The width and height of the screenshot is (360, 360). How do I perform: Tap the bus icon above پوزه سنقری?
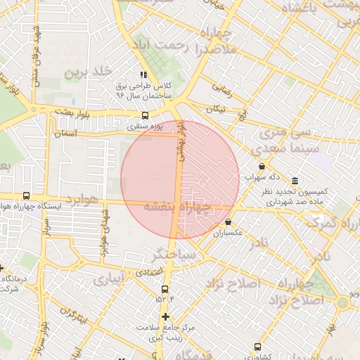click(146, 116)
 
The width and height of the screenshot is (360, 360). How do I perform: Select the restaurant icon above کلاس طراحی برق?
click(143, 75)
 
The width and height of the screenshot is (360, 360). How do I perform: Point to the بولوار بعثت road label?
click(72, 112)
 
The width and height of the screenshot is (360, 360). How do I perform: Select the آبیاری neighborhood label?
click(108, 279)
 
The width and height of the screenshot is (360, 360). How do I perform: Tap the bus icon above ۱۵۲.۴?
click(167, 288)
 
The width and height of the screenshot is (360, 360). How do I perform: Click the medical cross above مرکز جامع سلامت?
click(165, 316)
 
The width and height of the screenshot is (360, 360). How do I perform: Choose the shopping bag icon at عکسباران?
click(229, 222)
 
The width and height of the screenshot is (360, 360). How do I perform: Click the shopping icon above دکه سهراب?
click(262, 167)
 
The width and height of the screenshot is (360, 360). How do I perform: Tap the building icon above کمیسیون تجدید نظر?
click(294, 181)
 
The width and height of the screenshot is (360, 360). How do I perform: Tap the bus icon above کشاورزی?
click(258, 346)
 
